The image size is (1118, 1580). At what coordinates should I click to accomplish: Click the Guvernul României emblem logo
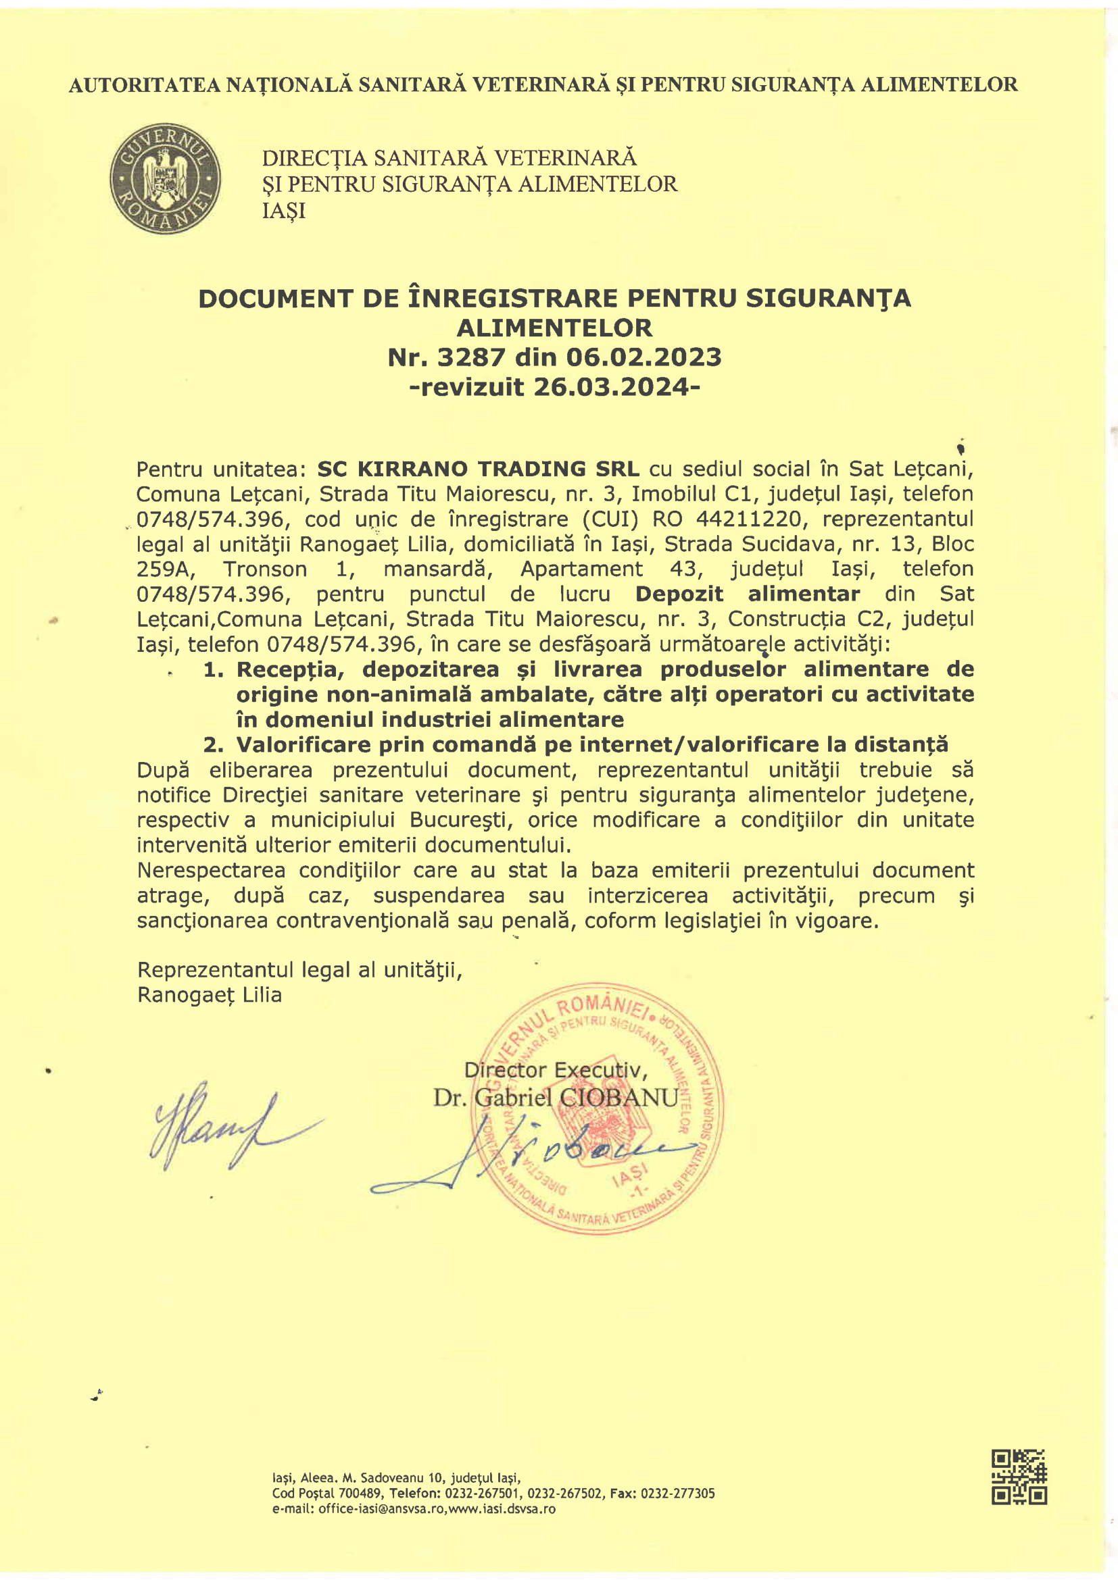click(x=165, y=178)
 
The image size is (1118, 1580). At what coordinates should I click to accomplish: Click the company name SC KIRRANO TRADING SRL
click(x=478, y=469)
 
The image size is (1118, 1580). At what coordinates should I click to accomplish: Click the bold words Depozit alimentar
click(x=747, y=593)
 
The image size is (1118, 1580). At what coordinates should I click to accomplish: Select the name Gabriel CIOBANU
click(x=576, y=1097)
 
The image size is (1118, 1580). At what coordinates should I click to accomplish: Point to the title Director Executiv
click(x=555, y=1070)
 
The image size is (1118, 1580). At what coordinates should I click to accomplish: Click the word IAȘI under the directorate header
click(x=284, y=211)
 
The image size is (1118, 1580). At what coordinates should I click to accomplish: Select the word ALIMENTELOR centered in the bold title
click(x=555, y=328)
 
